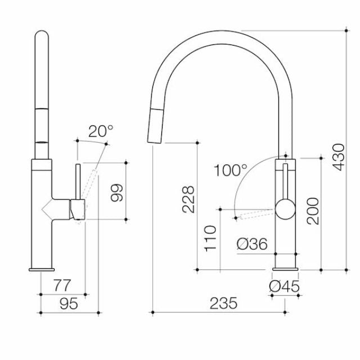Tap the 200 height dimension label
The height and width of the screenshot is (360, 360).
313,211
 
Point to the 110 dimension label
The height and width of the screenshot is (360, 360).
210,238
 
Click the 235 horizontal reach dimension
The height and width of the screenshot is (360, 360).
223,303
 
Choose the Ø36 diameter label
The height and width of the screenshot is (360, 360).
251,244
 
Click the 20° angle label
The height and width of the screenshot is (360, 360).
101,131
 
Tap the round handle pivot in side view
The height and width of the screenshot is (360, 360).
284,209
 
